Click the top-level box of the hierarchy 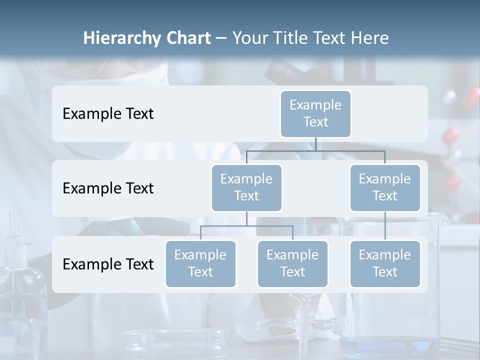(315, 113)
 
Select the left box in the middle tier (246, 187)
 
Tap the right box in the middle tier (385, 187)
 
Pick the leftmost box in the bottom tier (200, 263)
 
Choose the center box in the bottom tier (292, 263)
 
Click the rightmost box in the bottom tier (385, 263)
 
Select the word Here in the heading (370, 38)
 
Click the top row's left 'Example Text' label (108, 114)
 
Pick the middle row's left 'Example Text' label (108, 188)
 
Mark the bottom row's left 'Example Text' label (108, 264)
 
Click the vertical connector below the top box (315, 144)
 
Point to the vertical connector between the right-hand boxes (385, 225)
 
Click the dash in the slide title (221, 38)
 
